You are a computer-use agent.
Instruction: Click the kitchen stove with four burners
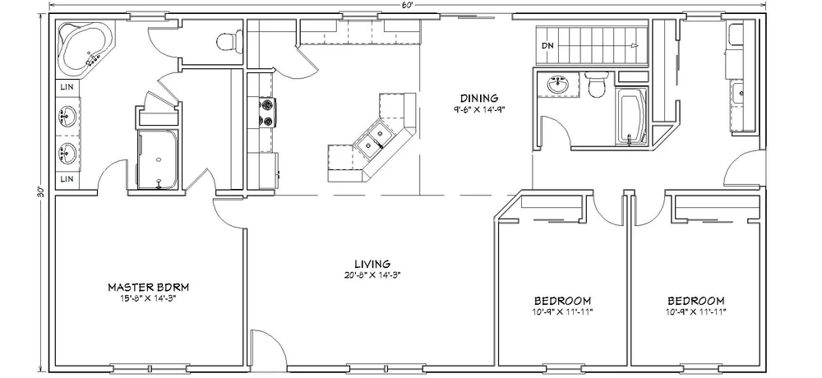pyautogui.click(x=268, y=113)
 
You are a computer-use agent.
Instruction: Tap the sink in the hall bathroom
pyautogui.click(x=559, y=84)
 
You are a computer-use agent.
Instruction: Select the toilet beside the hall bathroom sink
pyautogui.click(x=598, y=85)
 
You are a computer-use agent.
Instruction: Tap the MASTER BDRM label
pyautogui.click(x=149, y=287)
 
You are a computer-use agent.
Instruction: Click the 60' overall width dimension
pyautogui.click(x=406, y=5)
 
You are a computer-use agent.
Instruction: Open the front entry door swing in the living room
pyautogui.click(x=268, y=350)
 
